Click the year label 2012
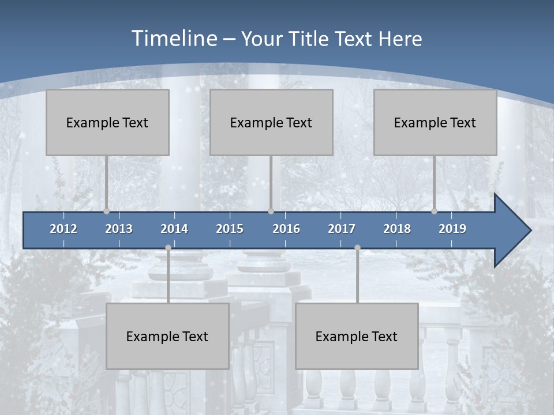coord(63,229)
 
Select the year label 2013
coord(119,229)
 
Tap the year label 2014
coord(174,229)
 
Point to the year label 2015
coord(230,229)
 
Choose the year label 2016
coord(286,229)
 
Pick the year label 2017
coord(342,229)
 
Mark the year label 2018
coord(397,229)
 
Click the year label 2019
coord(452,229)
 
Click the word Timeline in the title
coord(173,39)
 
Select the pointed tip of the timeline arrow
coord(530,231)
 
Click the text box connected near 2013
coord(107,123)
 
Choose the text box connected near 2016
coord(271,123)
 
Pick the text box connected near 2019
coord(435,123)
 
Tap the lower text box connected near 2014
coord(167,336)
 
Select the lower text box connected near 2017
coord(357,336)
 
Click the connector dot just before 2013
coord(107,212)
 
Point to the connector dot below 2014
coord(168,247)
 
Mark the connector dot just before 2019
coord(435,212)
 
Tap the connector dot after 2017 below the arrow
coord(357,247)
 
